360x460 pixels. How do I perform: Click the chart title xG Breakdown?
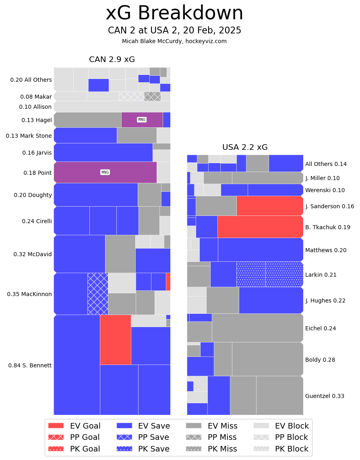[x=174, y=14]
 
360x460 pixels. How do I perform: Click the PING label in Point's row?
[x=105, y=172]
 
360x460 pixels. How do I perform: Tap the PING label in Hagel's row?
[x=142, y=120]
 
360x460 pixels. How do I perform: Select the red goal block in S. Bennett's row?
[x=115, y=340]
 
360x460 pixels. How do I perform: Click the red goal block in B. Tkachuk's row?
[x=260, y=226]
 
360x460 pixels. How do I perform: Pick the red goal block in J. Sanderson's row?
[x=269, y=206]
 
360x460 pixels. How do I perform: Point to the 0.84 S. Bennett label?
[x=30, y=365]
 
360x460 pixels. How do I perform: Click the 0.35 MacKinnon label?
[x=29, y=294]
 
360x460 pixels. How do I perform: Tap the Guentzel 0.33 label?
[x=325, y=396]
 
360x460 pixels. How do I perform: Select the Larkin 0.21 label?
[x=321, y=275]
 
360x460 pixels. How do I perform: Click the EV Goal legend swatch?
[x=56, y=426]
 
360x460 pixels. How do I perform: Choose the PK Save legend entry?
[x=143, y=449]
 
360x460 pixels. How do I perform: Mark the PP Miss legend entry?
[x=211, y=437]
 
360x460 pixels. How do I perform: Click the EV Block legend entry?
[x=282, y=426]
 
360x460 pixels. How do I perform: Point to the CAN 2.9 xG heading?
[x=112, y=60]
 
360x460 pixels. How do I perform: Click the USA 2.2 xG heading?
[x=245, y=147]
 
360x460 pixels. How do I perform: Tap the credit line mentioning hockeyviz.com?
[x=174, y=41]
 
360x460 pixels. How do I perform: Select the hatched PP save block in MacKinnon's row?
[x=97, y=294]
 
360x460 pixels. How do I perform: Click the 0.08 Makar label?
[x=36, y=97]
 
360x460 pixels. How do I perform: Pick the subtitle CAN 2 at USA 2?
[x=174, y=31]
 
